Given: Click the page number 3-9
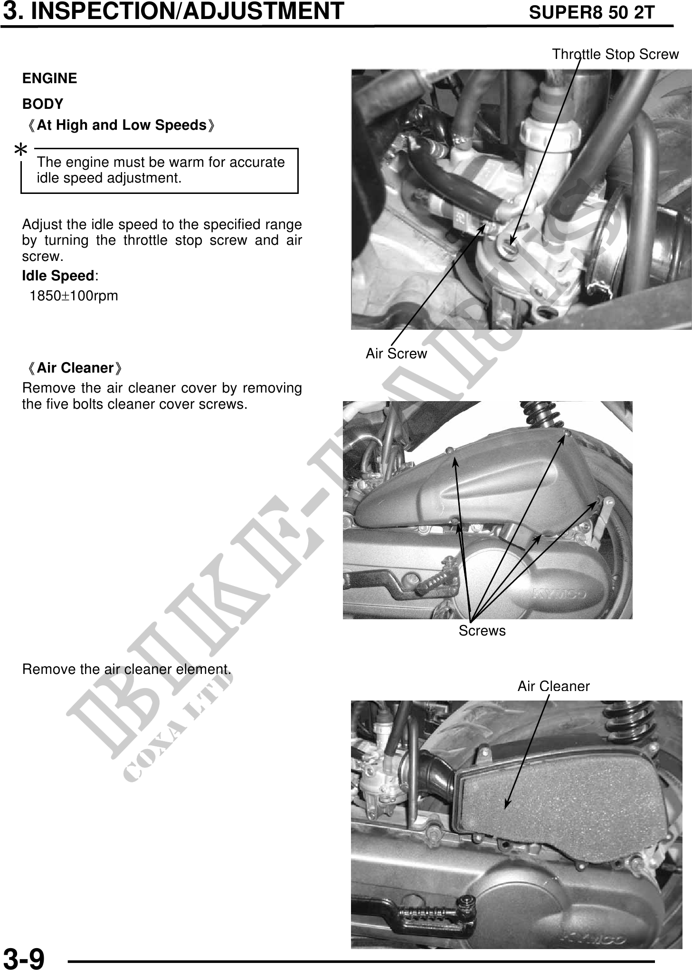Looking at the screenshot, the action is [x=24, y=957].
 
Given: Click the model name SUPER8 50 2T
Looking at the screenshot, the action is [x=592, y=13].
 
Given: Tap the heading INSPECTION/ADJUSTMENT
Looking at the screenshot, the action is [x=188, y=11].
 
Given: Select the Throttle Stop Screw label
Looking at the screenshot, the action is [x=615, y=54].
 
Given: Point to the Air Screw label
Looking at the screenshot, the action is [x=396, y=354].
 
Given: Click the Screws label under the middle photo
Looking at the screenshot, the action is [x=482, y=631].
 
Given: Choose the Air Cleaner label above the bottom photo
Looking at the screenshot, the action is [x=553, y=686].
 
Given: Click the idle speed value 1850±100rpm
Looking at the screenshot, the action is [x=74, y=296].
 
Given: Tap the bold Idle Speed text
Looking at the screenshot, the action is [x=58, y=276].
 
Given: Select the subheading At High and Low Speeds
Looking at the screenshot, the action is [x=122, y=125].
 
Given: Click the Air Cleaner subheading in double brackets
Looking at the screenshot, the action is [x=76, y=368].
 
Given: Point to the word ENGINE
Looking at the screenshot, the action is [x=49, y=78].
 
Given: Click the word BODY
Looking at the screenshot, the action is [x=43, y=104].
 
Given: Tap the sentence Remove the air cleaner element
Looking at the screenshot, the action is [x=127, y=669].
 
